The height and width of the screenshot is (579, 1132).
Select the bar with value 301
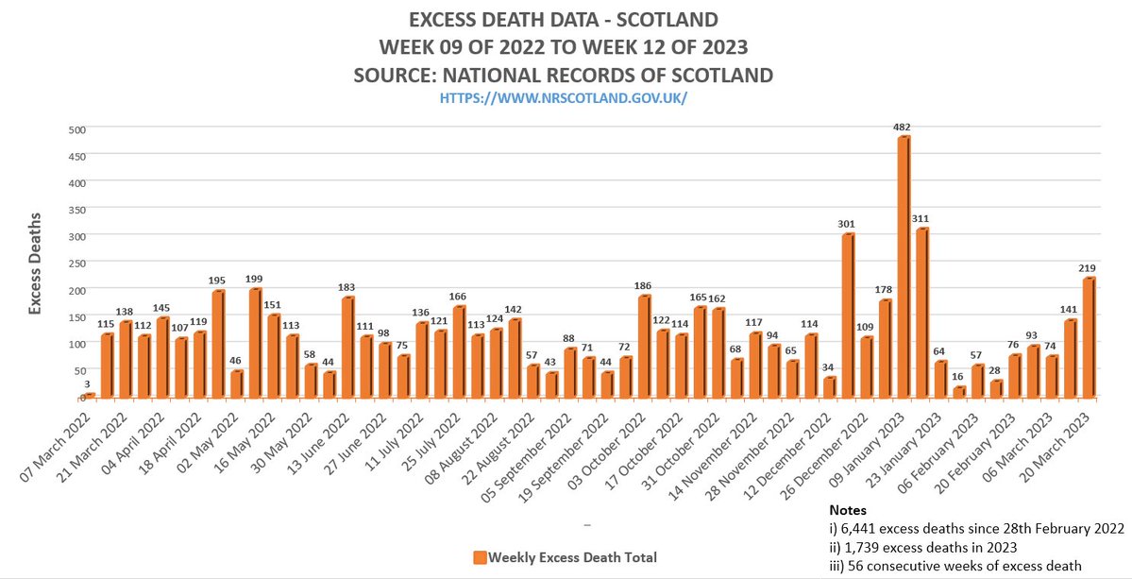click(848, 315)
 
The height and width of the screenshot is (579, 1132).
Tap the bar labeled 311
click(921, 313)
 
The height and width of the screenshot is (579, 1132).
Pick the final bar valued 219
click(1089, 337)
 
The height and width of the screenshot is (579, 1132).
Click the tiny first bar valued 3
click(90, 396)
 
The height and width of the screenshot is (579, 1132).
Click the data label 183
click(347, 287)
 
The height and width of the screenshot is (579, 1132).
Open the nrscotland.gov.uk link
click(566, 97)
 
